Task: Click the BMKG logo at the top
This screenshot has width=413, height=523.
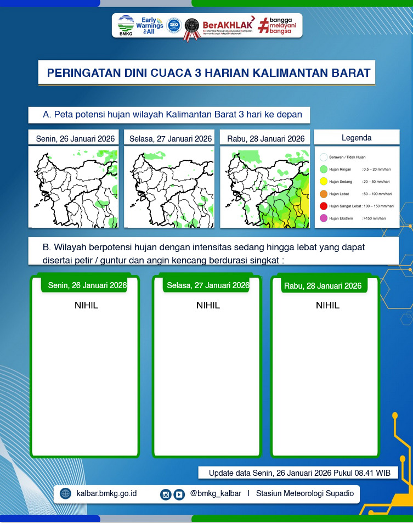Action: [126, 25]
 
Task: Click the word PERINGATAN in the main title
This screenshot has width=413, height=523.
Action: [81, 73]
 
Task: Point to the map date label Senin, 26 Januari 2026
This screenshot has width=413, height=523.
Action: [76, 139]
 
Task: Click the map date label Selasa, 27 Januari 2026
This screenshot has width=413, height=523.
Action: [171, 139]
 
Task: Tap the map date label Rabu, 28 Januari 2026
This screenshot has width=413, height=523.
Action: [266, 139]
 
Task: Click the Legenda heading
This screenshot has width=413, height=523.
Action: [357, 138]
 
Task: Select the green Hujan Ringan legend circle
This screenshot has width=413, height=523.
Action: [324, 170]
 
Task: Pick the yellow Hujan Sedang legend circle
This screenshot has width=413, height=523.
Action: [324, 182]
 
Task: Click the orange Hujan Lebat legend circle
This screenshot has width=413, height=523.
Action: [324, 194]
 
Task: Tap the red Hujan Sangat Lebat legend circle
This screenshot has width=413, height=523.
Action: [324, 206]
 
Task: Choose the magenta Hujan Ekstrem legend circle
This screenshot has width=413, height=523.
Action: [324, 218]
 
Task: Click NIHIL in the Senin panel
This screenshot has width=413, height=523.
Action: [86, 305]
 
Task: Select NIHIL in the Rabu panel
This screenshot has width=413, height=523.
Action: [327, 305]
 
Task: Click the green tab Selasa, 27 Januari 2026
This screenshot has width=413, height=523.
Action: [208, 285]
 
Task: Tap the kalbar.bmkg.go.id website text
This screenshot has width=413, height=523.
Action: [106, 493]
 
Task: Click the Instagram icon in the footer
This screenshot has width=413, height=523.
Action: [166, 494]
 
